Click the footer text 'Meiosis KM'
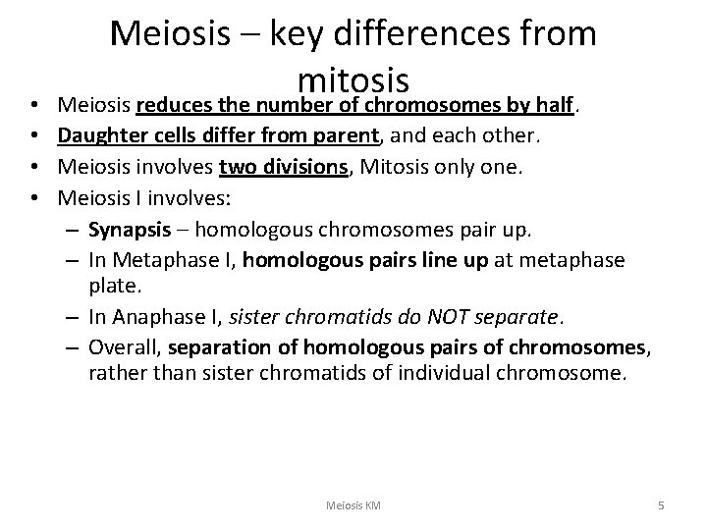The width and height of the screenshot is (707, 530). [x=353, y=504]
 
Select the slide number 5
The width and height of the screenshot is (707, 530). [x=661, y=504]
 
